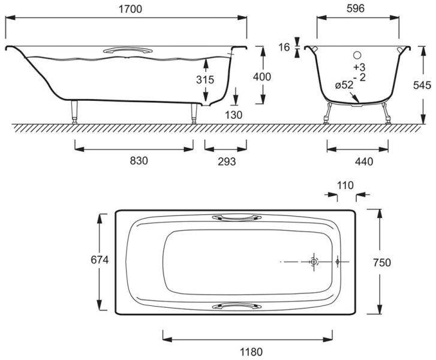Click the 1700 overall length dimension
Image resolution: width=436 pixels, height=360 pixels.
(x=130, y=9)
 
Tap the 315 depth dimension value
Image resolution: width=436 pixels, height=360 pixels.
(x=205, y=80)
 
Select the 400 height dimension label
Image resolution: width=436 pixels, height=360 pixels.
(x=262, y=77)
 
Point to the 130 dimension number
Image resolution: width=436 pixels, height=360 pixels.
(x=233, y=115)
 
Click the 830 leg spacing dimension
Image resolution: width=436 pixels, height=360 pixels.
(x=139, y=161)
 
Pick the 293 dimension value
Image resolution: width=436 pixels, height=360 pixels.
(x=227, y=161)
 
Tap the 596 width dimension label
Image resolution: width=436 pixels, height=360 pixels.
(x=356, y=8)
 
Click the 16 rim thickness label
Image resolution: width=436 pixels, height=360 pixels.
(x=284, y=47)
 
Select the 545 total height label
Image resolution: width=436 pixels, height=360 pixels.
(x=422, y=85)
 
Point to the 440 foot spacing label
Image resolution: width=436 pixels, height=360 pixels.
(x=364, y=161)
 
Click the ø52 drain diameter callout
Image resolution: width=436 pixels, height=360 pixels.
(x=344, y=85)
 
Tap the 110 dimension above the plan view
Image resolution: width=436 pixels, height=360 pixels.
(x=345, y=185)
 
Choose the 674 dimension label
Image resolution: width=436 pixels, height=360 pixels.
(x=100, y=260)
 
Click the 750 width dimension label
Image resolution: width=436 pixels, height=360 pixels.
(x=382, y=262)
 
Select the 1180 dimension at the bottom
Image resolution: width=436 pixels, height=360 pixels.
(x=251, y=352)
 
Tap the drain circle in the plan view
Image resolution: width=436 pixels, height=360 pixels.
(x=314, y=262)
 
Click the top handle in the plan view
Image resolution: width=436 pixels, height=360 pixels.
(x=237, y=217)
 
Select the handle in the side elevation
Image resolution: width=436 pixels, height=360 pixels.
(x=128, y=50)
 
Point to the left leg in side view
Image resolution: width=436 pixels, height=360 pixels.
(x=74, y=112)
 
